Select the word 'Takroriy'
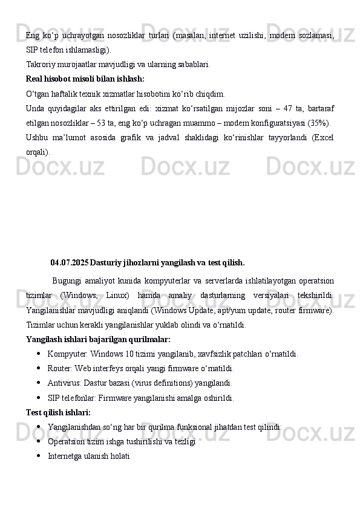(x=41, y=63)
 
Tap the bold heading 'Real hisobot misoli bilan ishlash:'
(x=85, y=79)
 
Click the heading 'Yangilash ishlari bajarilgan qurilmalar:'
(x=98, y=339)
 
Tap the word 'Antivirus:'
(x=63, y=383)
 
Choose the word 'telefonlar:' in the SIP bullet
(x=80, y=398)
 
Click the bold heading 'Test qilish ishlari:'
(x=58, y=412)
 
